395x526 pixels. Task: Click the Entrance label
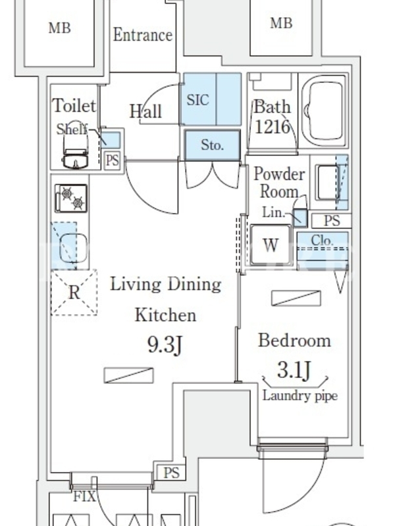(x=143, y=35)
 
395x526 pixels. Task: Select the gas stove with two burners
(x=71, y=199)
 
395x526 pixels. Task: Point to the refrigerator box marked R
(x=74, y=293)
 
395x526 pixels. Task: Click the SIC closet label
(x=198, y=100)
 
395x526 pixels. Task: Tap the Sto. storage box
(x=212, y=145)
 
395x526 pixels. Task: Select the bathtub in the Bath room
(x=324, y=110)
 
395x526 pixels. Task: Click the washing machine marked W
(x=271, y=245)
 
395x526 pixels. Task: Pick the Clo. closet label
(x=322, y=240)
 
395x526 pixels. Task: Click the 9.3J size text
(x=165, y=345)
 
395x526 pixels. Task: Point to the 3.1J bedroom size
(x=294, y=370)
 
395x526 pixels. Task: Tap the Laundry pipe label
(x=300, y=396)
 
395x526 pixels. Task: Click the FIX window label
(x=84, y=496)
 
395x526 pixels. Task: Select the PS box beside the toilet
(x=112, y=160)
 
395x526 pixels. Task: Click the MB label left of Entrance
(x=59, y=28)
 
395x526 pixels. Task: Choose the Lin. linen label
(x=273, y=212)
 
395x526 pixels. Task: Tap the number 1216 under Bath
(x=272, y=127)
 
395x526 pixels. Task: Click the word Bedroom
(x=294, y=340)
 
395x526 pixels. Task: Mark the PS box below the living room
(x=172, y=473)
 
